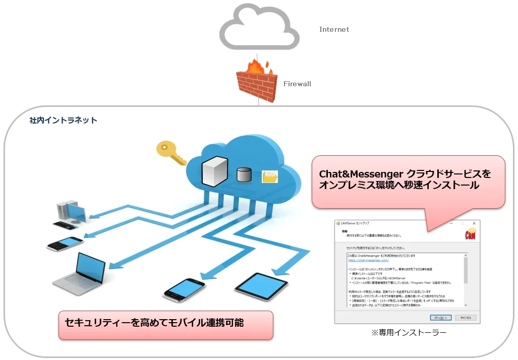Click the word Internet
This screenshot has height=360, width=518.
tap(334, 29)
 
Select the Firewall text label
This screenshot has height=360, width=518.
tap(297, 84)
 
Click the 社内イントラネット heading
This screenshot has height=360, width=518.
tap(63, 121)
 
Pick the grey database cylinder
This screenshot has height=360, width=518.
tap(244, 174)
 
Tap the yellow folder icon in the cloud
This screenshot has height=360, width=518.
tap(270, 176)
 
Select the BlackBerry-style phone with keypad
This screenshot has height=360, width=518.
tap(65, 243)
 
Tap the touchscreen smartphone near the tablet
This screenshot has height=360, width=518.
tap(184, 289)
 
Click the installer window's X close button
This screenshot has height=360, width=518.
tap(474, 223)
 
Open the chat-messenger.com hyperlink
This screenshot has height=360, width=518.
tap(368, 261)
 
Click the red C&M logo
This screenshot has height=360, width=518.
tap(470, 235)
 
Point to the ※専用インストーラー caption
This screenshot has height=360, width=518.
tap(409, 333)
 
